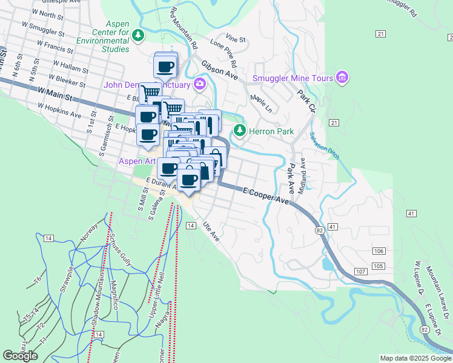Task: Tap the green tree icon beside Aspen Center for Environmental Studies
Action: click(x=139, y=35)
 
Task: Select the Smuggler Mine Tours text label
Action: click(x=293, y=77)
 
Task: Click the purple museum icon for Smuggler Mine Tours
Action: click(x=342, y=77)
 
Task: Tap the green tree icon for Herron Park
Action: click(x=240, y=131)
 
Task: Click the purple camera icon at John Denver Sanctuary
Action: click(x=199, y=85)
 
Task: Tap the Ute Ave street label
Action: click(x=211, y=233)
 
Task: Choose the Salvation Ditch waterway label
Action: click(x=324, y=146)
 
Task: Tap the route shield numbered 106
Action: click(x=379, y=251)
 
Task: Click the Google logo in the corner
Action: click(x=21, y=355)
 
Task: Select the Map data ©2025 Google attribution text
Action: click(x=415, y=358)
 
